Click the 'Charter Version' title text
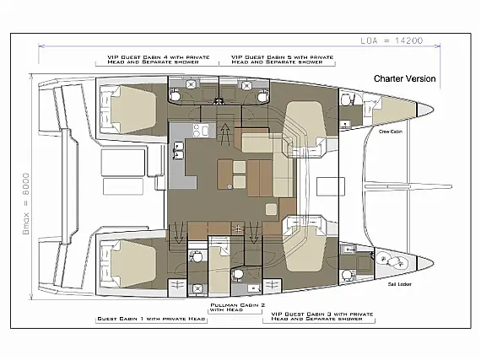pyautogui.click(x=405, y=78)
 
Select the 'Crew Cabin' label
pyautogui.click(x=390, y=132)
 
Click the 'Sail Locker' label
pyautogui.click(x=390, y=286)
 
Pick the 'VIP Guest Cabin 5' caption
pyautogui.click(x=278, y=60)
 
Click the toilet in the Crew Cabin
pyautogui.click(x=347, y=99)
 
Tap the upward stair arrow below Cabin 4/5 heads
pyautogui.click(x=225, y=131)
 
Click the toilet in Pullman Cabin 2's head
pyautogui.click(x=239, y=274)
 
